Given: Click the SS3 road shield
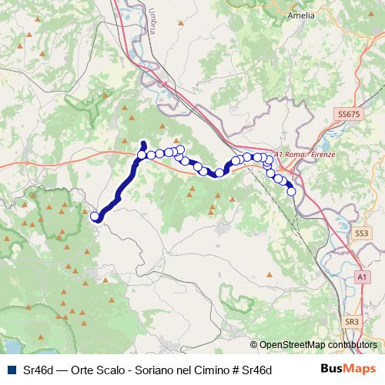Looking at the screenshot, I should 362,232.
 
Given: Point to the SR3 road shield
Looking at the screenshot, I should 352,321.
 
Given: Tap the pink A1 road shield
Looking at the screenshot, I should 362,276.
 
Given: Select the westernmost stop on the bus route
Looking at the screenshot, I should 95,216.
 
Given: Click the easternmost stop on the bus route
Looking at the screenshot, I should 292,191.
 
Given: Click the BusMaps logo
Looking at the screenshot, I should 348,369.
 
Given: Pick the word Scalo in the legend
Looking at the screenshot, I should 111,370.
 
